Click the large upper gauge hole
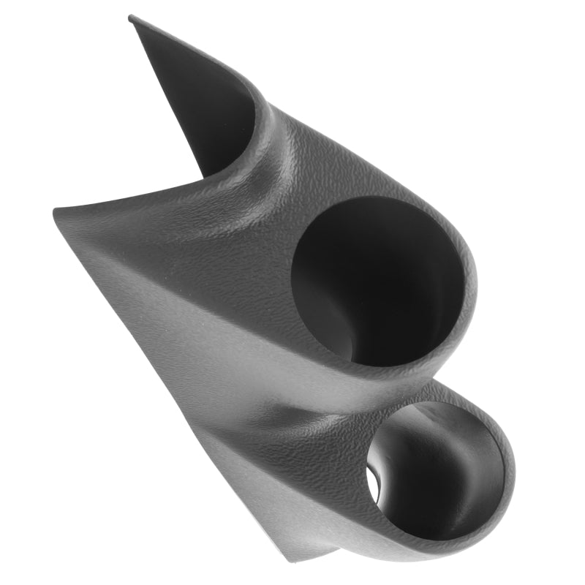pos(377,282)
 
